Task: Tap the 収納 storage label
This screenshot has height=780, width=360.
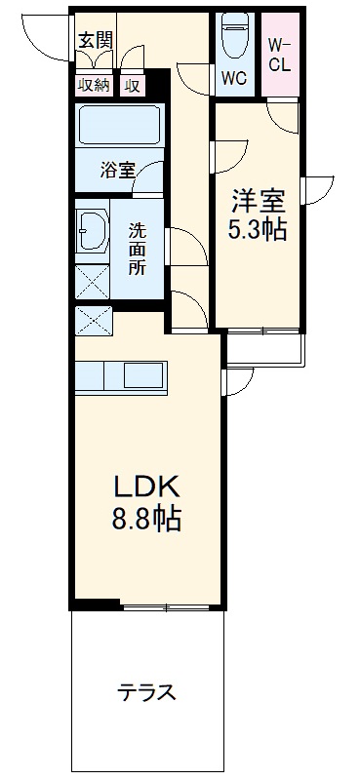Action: (x=95, y=86)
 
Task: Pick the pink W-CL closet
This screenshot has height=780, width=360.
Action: (x=281, y=55)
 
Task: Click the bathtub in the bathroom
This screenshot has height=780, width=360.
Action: (x=118, y=127)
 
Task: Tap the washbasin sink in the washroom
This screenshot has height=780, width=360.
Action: (x=92, y=234)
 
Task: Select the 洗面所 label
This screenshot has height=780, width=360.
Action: (x=139, y=249)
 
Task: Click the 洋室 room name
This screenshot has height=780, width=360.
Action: (x=257, y=203)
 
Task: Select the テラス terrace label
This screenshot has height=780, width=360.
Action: (x=146, y=694)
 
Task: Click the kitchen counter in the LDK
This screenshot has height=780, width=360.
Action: (x=122, y=374)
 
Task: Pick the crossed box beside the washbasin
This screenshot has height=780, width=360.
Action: (x=93, y=281)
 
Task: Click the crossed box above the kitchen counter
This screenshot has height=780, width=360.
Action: (x=94, y=320)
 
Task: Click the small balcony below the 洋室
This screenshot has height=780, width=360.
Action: (x=264, y=346)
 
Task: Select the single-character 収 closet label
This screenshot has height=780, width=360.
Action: (x=132, y=86)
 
